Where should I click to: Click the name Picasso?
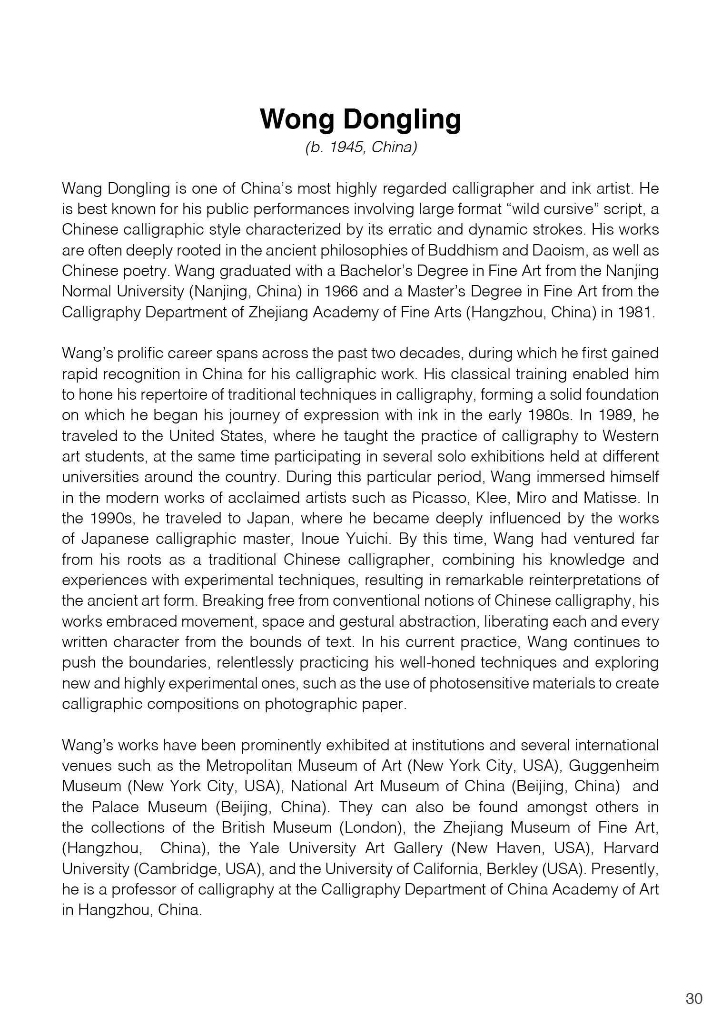tap(437, 498)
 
